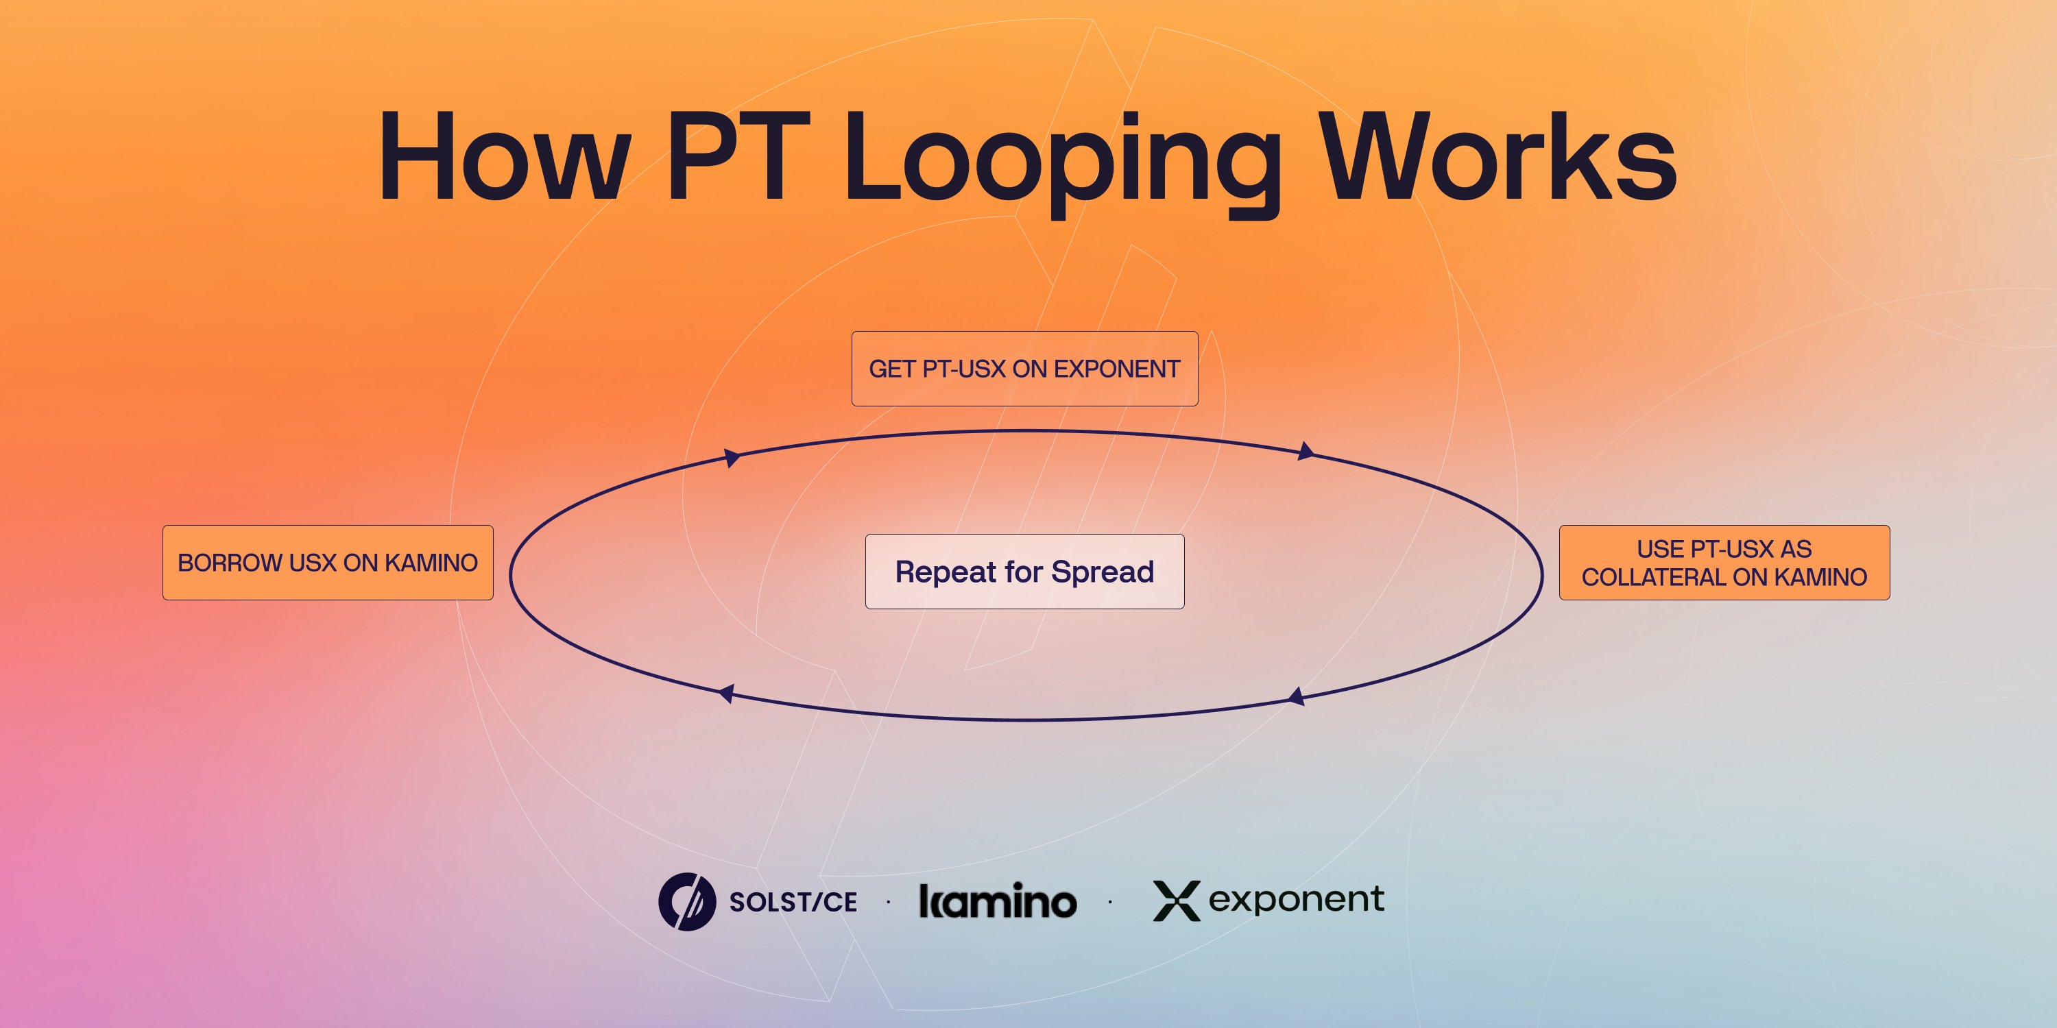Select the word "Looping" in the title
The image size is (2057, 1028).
pyautogui.click(x=1062, y=164)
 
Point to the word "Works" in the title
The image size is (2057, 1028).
pyautogui.click(x=1498, y=156)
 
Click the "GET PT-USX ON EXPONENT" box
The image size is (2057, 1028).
pyautogui.click(x=1024, y=369)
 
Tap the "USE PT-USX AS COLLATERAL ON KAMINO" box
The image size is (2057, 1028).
pyautogui.click(x=1724, y=563)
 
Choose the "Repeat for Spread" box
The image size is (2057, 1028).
pyautogui.click(x=1024, y=572)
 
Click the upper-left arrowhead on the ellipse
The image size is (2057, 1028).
pyautogui.click(x=732, y=457)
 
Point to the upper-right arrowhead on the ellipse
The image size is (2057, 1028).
pyautogui.click(x=1306, y=452)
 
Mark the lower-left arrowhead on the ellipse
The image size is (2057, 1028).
pyautogui.click(x=726, y=694)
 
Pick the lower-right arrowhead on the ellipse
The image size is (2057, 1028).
pyautogui.click(x=1297, y=697)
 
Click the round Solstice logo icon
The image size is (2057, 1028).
pyautogui.click(x=687, y=902)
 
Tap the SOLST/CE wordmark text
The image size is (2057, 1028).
pyautogui.click(x=793, y=902)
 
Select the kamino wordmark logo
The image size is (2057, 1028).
pyautogui.click(x=998, y=901)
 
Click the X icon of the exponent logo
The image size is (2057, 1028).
pyautogui.click(x=1176, y=901)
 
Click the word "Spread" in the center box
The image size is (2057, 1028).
pyautogui.click(x=1102, y=572)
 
